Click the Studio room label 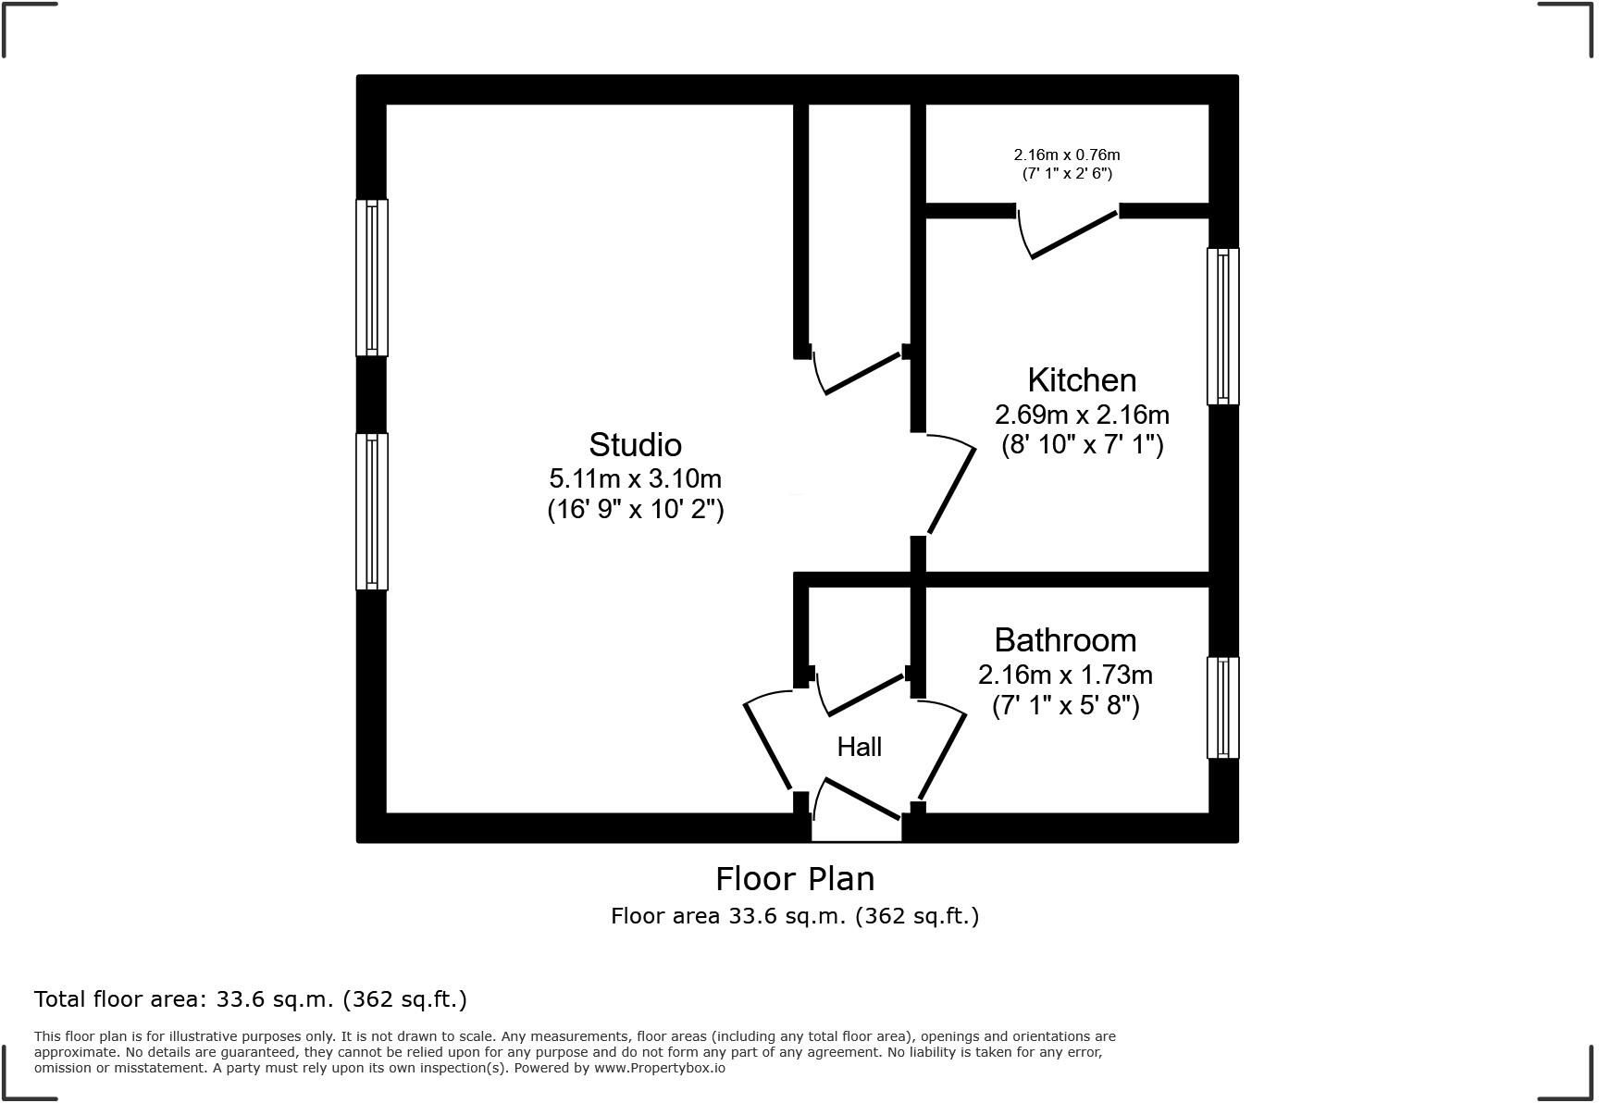pyautogui.click(x=635, y=445)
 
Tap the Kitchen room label pyautogui.click(x=1082, y=380)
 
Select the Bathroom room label pyautogui.click(x=1065, y=640)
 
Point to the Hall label pyautogui.click(x=859, y=747)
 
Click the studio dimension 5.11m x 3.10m pyautogui.click(x=635, y=478)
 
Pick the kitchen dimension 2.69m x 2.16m pyautogui.click(x=1082, y=414)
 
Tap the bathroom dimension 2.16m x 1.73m pyautogui.click(x=1065, y=675)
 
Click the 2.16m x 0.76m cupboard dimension pyautogui.click(x=1066, y=155)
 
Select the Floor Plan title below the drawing pyautogui.click(x=795, y=878)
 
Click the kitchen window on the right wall pyautogui.click(x=1222, y=326)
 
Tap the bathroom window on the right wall pyautogui.click(x=1222, y=708)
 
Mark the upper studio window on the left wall pyautogui.click(x=372, y=278)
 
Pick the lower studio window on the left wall pyautogui.click(x=372, y=512)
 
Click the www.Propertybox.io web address pyautogui.click(x=660, y=1068)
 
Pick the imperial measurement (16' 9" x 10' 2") pyautogui.click(x=635, y=510)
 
